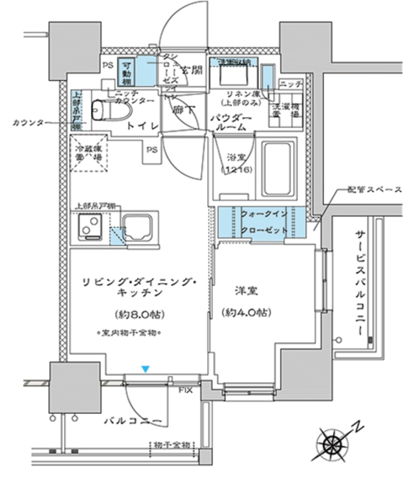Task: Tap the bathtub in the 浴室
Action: pos(278,168)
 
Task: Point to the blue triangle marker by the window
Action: pos(146,369)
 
